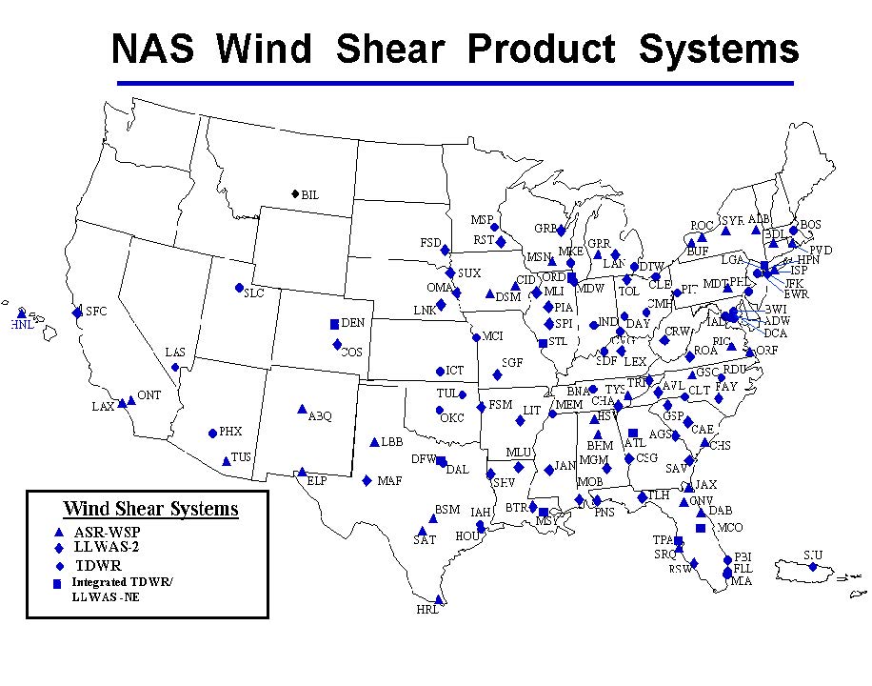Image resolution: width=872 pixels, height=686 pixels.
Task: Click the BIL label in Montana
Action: coord(310,195)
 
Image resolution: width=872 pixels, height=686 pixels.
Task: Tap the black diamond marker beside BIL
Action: coord(295,194)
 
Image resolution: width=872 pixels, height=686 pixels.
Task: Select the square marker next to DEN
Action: coord(334,324)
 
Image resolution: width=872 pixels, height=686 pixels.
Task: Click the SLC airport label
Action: coord(254,293)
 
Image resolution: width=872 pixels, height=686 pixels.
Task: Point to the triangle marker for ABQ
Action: coord(302,409)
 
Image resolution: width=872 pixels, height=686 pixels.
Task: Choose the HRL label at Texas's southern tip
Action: coord(427,610)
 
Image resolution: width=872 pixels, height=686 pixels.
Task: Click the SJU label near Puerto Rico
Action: coord(812,555)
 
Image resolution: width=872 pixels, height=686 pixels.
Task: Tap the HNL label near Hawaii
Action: coord(21,325)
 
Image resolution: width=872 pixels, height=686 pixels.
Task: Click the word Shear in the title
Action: coord(395,48)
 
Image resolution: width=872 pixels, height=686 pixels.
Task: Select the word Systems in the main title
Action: coord(719,48)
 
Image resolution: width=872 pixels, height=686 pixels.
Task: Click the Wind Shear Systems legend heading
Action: coord(150,509)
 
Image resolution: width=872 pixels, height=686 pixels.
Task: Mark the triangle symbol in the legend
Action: coord(59,532)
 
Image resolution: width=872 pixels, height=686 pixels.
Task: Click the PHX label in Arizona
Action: coord(230,432)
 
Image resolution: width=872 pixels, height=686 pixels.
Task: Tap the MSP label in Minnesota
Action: coord(482,220)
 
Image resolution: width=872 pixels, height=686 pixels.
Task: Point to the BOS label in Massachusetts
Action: coord(810,225)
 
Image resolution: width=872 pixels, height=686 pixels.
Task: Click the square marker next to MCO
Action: coord(701,528)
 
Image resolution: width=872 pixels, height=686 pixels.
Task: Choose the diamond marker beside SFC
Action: coord(77,313)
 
